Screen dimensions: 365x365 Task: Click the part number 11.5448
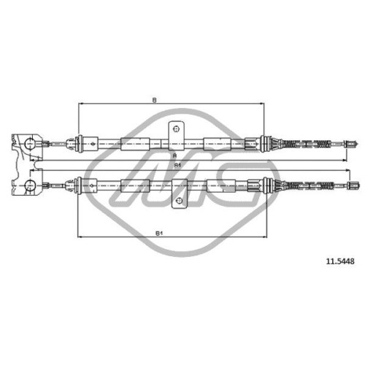[340, 261]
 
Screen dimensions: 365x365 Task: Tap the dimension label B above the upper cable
[154, 100]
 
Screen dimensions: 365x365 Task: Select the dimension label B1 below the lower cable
[159, 234]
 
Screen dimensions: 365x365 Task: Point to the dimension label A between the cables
[174, 156]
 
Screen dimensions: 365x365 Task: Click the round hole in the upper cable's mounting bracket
[176, 128]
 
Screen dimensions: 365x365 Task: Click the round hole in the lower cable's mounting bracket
[179, 201]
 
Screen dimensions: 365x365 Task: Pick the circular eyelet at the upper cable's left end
[30, 144]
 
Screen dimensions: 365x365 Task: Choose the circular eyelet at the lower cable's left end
[30, 185]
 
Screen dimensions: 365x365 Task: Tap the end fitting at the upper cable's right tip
[350, 144]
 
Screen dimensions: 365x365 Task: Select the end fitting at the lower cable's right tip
[353, 185]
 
